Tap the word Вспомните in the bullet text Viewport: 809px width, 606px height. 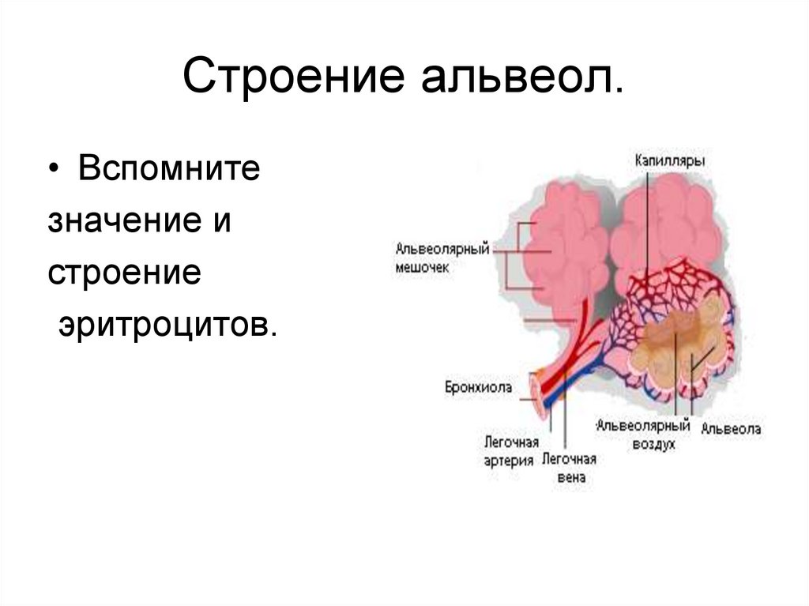coord(168,170)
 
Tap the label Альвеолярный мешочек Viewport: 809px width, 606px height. coord(442,258)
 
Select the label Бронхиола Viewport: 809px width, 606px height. coord(478,387)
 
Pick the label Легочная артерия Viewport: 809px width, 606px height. coord(511,451)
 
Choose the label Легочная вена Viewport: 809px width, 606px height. coord(569,468)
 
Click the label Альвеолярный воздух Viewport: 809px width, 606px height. coord(643,435)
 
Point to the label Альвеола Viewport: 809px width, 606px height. coord(732,429)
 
